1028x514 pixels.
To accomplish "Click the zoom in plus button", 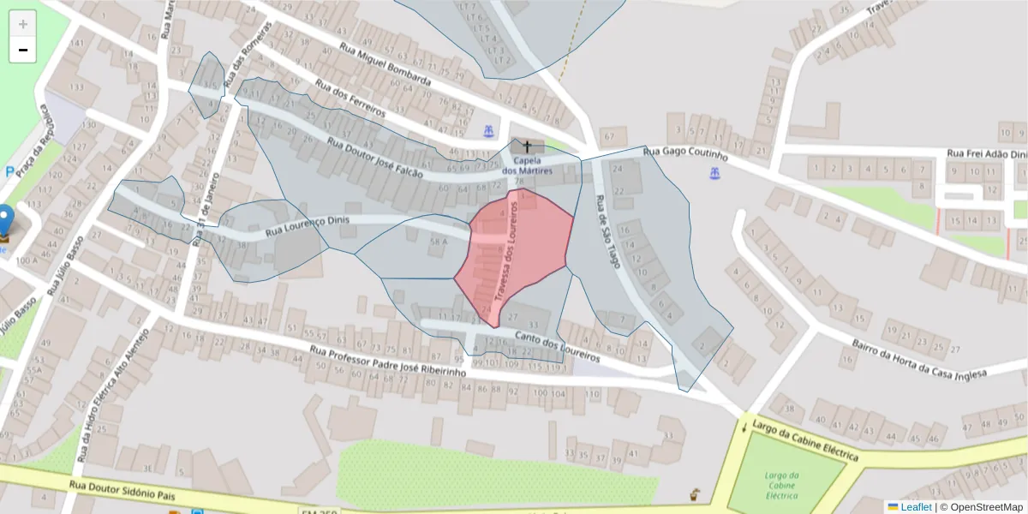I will coord(23,24).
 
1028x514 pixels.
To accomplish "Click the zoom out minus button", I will coord(23,51).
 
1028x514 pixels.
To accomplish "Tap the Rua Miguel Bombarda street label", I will coord(385,65).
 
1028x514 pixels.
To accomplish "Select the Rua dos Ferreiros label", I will coord(350,99).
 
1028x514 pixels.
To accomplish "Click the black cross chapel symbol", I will coord(527,146).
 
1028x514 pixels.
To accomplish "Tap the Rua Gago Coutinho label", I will coord(684,154).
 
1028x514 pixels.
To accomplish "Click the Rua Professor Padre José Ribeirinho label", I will coord(387,362).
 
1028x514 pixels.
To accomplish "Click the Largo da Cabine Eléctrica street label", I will coord(806,442).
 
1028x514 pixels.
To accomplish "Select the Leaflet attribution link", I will coord(916,507).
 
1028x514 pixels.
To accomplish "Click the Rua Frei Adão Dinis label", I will coord(985,154).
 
